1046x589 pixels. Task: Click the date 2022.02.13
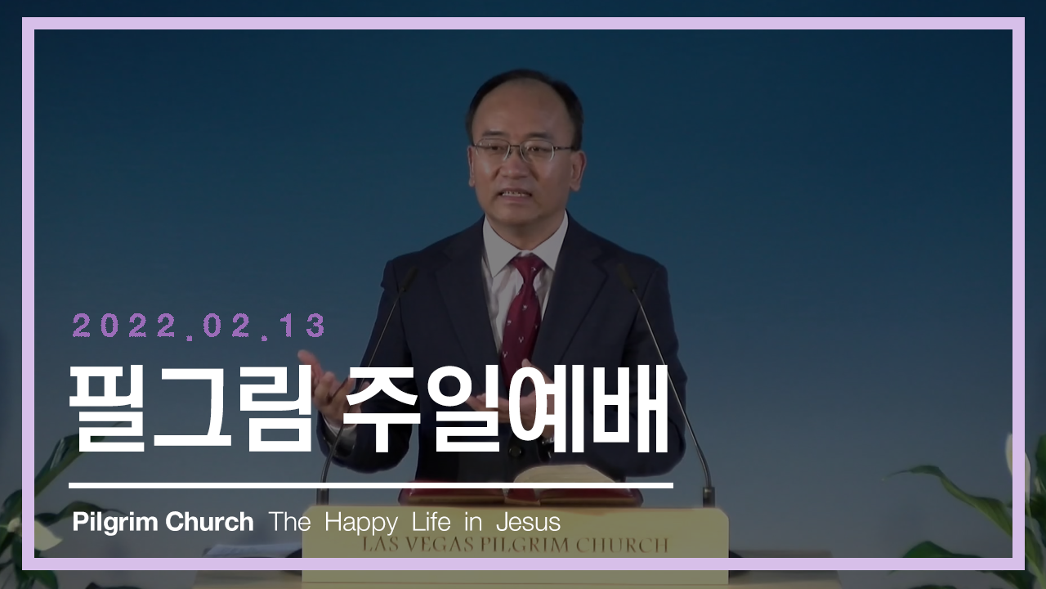click(199, 326)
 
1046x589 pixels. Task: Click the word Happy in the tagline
click(361, 523)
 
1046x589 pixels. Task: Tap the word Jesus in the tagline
click(528, 522)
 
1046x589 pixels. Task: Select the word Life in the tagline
click(431, 522)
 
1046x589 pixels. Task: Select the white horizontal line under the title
click(371, 486)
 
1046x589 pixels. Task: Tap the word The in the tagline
click(289, 522)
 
